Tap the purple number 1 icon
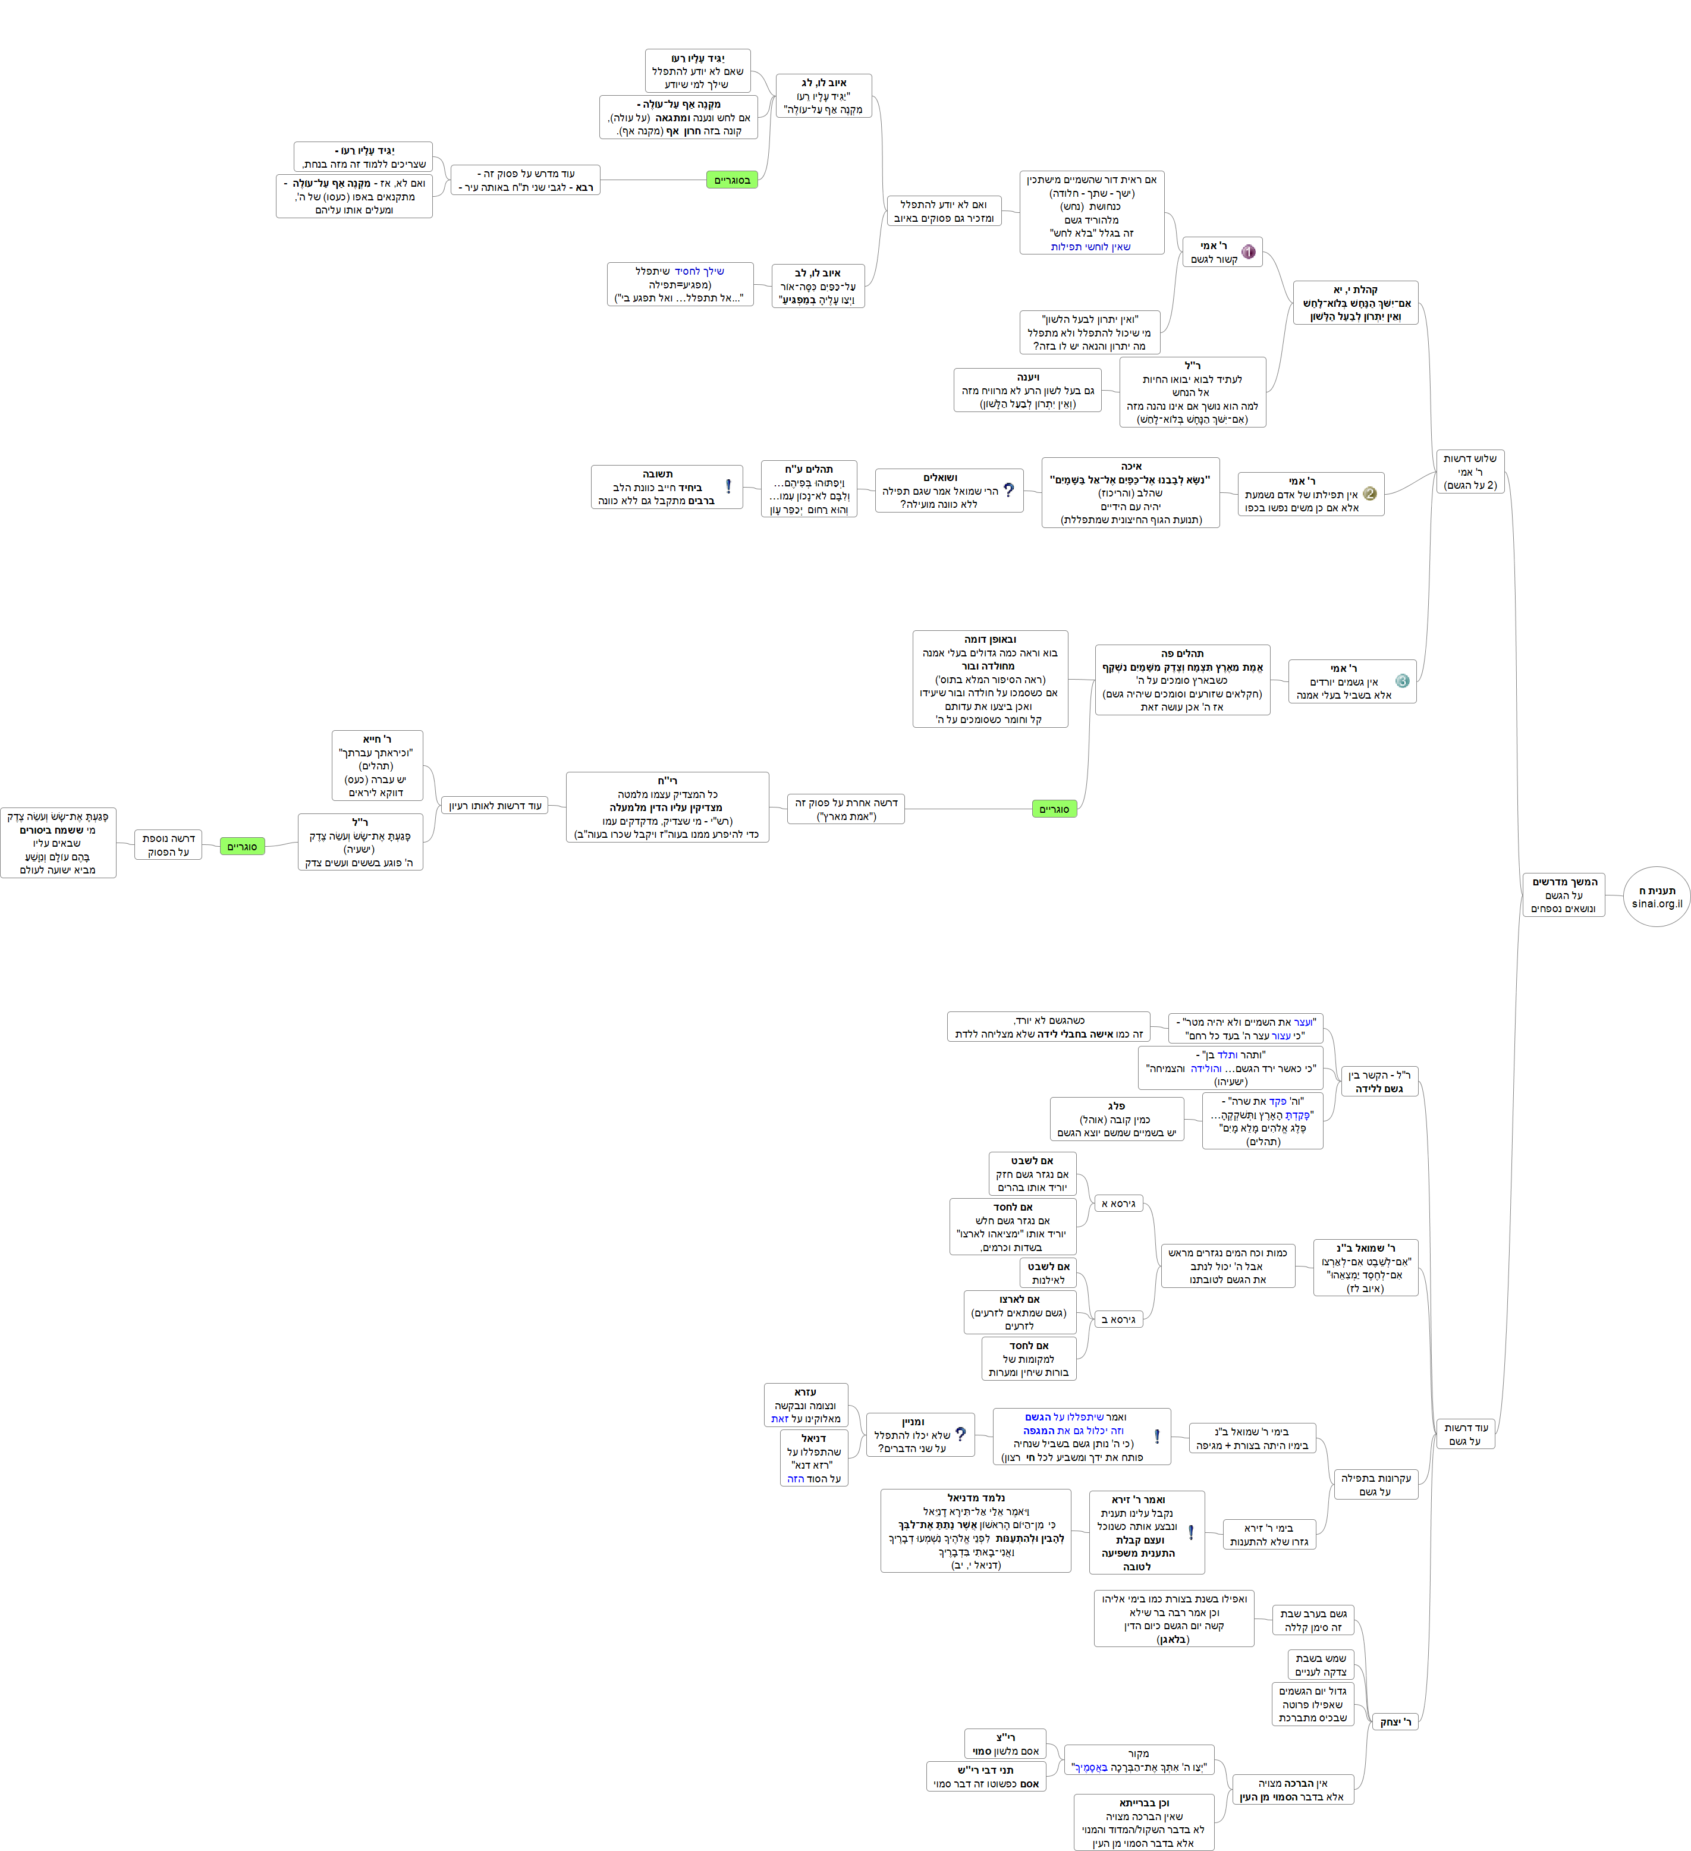[1247, 252]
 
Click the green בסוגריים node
[732, 180]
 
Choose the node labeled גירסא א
[1118, 1203]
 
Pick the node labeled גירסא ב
[1118, 1319]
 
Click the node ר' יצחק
[1395, 1721]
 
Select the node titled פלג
[1116, 1119]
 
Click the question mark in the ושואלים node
[1009, 491]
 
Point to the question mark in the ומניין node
[960, 1434]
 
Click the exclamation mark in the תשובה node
[728, 486]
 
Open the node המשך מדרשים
[1563, 895]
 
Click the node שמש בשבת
[1320, 1665]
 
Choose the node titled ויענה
[1027, 390]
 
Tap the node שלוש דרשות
[1470, 472]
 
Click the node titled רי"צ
[1005, 1743]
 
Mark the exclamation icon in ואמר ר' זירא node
[1191, 1532]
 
